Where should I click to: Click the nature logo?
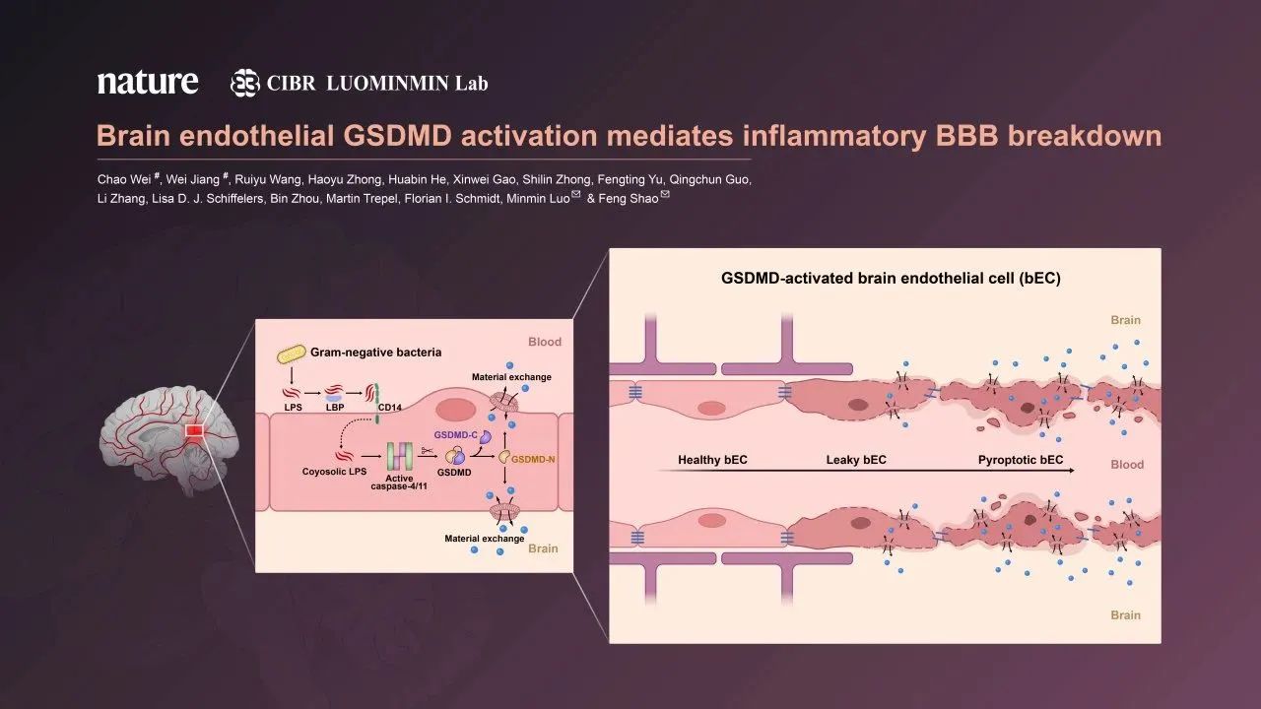[x=148, y=82]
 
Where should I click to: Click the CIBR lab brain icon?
[x=245, y=83]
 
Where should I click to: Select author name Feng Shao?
[x=630, y=199]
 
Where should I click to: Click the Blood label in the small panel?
[x=544, y=342]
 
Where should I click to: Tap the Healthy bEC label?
[x=712, y=460]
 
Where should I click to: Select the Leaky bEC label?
[x=856, y=460]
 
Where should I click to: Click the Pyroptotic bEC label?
[x=1021, y=460]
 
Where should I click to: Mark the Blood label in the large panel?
[x=1126, y=465]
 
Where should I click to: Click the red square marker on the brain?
[x=194, y=430]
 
